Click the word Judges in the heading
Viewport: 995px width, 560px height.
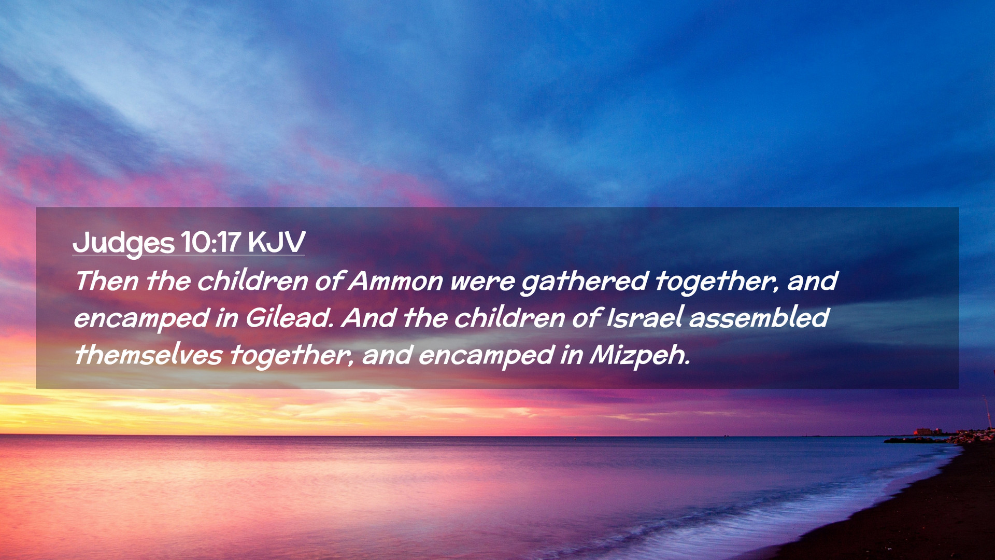point(123,243)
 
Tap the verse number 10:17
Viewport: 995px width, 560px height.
point(211,242)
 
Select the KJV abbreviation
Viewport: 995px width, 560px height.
point(276,242)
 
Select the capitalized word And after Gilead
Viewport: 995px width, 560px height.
point(369,317)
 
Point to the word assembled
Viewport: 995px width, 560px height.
point(759,317)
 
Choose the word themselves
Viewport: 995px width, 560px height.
point(148,355)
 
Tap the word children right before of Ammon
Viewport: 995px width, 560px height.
point(253,281)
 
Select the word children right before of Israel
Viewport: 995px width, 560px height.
point(510,317)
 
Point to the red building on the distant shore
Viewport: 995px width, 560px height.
point(923,431)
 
